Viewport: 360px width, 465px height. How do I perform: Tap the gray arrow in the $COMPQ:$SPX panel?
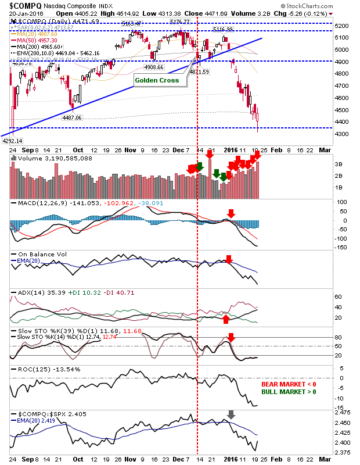click(x=231, y=415)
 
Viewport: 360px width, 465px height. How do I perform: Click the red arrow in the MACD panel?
click(x=231, y=213)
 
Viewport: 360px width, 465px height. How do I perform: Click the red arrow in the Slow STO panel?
click(x=231, y=337)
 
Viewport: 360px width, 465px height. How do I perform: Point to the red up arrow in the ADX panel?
click(x=226, y=319)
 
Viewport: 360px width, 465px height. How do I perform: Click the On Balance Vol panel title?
click(x=38, y=254)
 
